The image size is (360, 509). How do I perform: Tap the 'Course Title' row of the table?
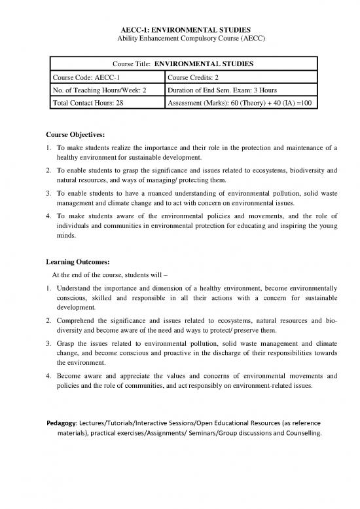[184, 65]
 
